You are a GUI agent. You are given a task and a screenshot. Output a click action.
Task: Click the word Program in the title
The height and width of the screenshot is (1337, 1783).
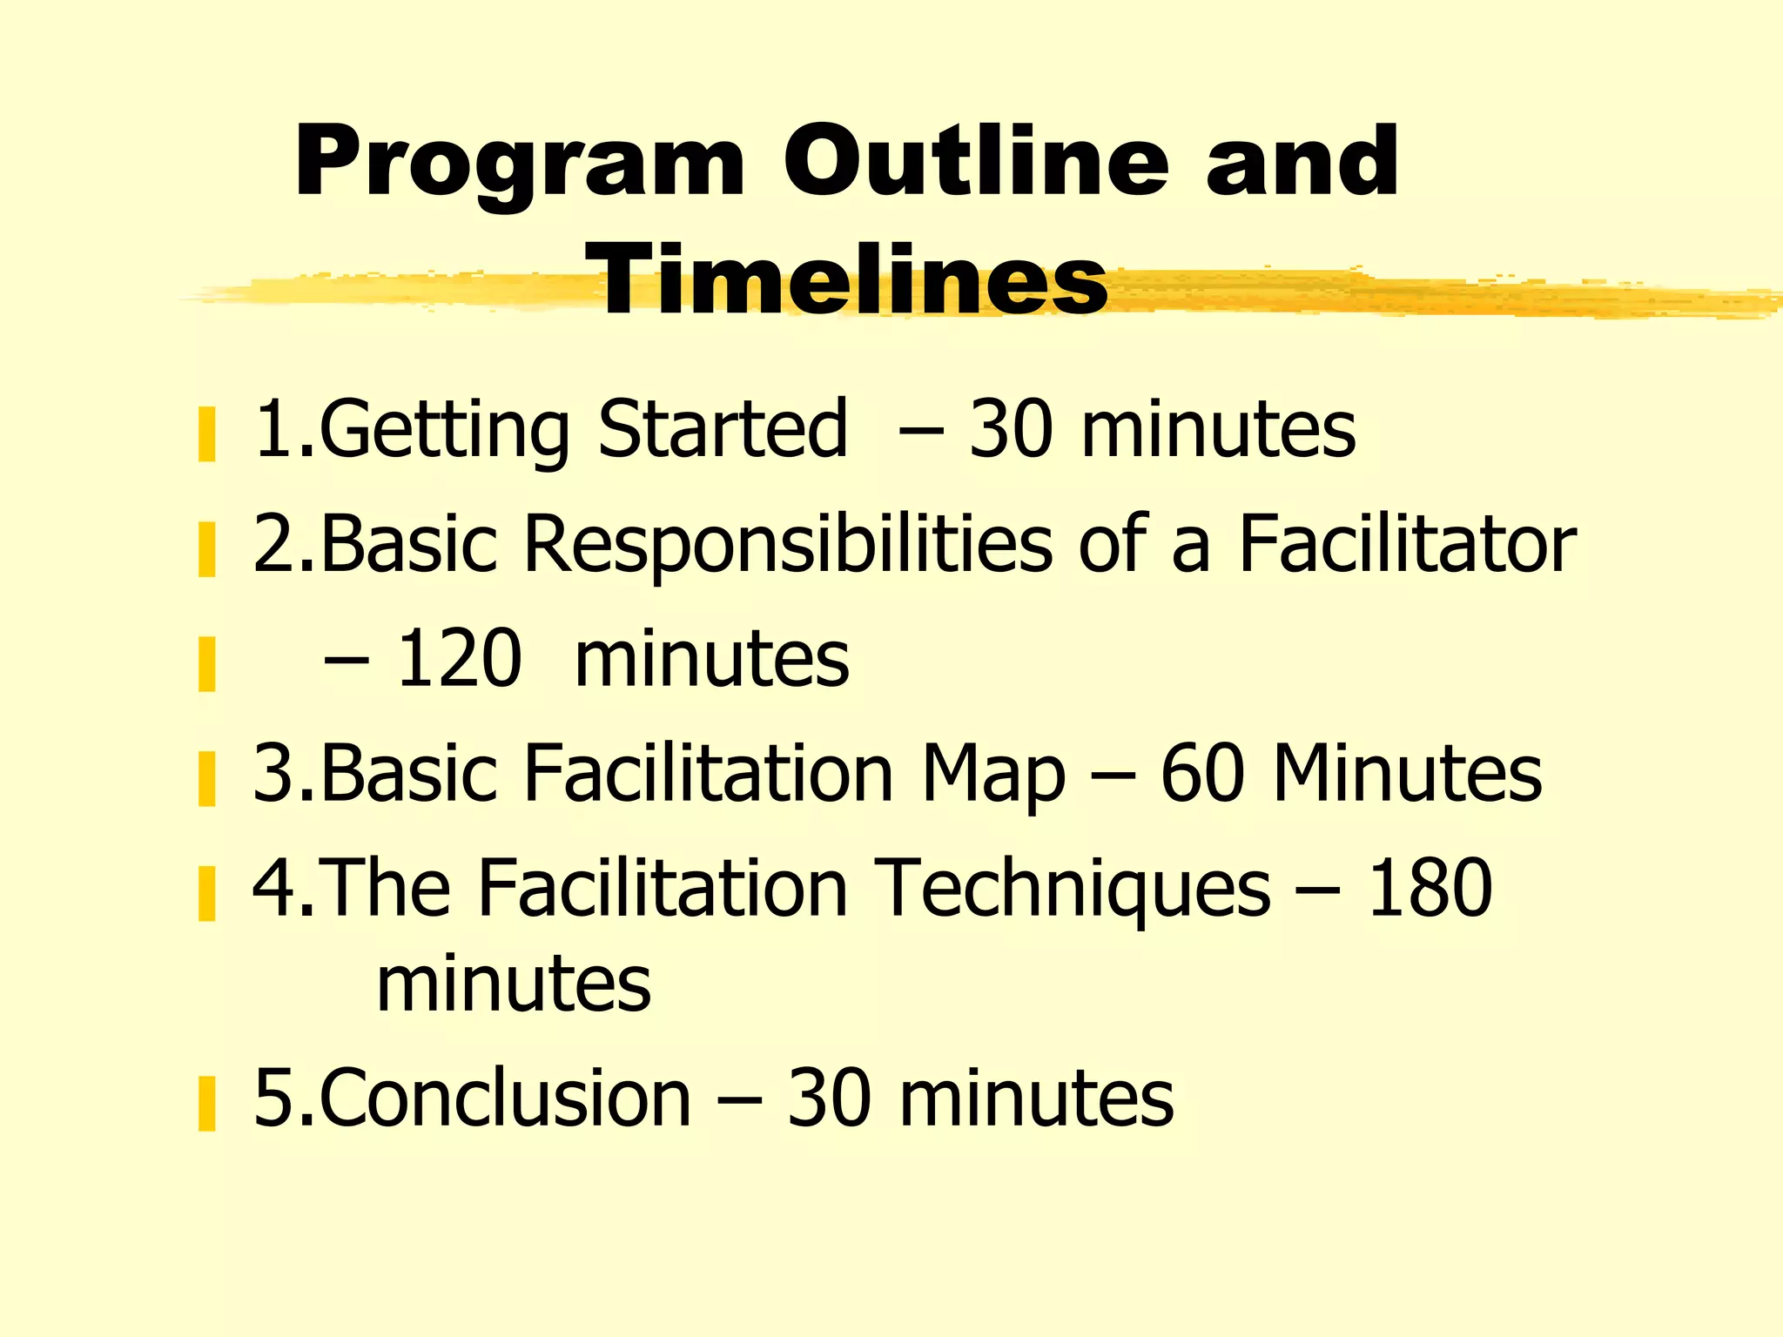520,163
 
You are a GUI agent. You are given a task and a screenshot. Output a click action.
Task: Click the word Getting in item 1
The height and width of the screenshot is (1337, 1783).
445,430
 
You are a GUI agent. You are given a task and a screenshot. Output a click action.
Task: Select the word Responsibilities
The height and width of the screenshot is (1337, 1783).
787,545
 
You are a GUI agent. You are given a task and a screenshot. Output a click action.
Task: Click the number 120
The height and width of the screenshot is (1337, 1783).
459,659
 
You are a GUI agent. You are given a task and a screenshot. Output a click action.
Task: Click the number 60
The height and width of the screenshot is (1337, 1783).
1202,772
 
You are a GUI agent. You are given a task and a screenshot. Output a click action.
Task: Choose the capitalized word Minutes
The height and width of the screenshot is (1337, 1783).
1407,772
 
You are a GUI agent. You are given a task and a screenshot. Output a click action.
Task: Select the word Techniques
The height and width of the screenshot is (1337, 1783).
1072,889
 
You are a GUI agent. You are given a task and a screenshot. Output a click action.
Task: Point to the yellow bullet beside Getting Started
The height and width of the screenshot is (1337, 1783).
206,434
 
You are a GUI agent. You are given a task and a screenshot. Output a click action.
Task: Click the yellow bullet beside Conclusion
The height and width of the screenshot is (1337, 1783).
206,1104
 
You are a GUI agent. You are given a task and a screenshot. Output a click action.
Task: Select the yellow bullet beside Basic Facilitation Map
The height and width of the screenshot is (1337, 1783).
206,779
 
